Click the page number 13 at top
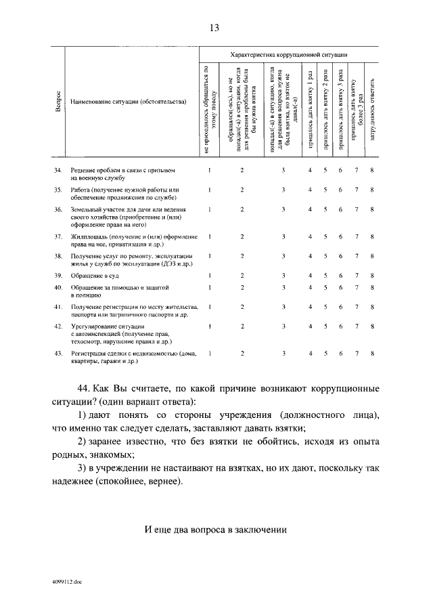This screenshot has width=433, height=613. [214, 28]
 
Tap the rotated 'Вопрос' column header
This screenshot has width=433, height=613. [58, 104]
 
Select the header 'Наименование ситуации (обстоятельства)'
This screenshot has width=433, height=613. [127, 102]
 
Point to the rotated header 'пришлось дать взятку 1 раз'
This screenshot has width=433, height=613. [310, 108]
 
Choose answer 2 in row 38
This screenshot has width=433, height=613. [242, 256]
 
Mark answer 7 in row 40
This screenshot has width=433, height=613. [356, 288]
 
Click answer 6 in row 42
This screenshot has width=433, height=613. [340, 326]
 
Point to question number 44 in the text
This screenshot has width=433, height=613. [84, 389]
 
